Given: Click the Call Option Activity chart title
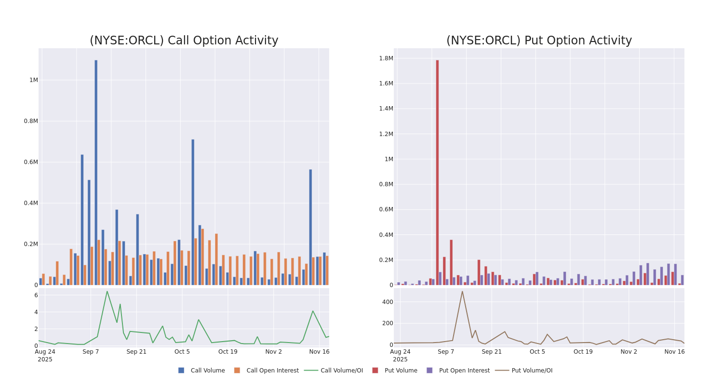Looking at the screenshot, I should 184,41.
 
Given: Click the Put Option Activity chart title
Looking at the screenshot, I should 538,41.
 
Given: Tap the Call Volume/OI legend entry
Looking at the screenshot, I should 334,371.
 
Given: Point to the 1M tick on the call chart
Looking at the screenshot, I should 33,80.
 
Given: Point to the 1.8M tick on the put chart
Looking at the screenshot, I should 386,58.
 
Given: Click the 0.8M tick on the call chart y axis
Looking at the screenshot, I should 31,121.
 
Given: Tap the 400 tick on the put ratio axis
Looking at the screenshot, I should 388,302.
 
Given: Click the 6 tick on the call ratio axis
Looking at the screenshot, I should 36,295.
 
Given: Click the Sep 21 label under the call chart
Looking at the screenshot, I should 136,352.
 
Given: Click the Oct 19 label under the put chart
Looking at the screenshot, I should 583,352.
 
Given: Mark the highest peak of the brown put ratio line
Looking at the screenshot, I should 462,291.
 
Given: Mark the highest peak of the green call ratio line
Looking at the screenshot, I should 107,291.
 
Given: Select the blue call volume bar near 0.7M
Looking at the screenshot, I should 193,212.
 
